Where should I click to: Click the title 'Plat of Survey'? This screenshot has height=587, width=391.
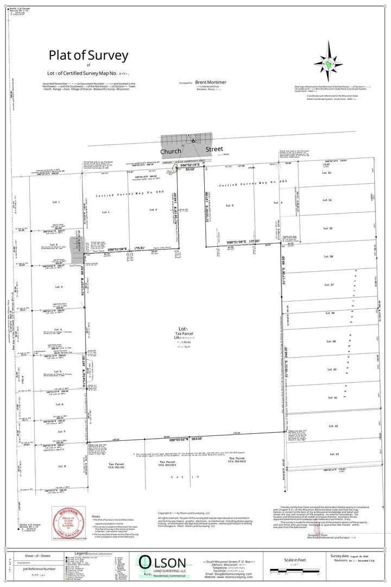coord(89,55)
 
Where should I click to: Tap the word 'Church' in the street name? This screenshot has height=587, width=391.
coord(170,151)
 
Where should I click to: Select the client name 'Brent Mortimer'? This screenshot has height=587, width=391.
coord(211,82)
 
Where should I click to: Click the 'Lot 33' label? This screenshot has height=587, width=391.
coord(327,173)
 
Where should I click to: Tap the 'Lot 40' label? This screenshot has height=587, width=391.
coord(332,370)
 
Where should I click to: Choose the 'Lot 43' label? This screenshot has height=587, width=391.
coord(333,454)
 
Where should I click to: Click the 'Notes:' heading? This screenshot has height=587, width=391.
coord(96,516)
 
